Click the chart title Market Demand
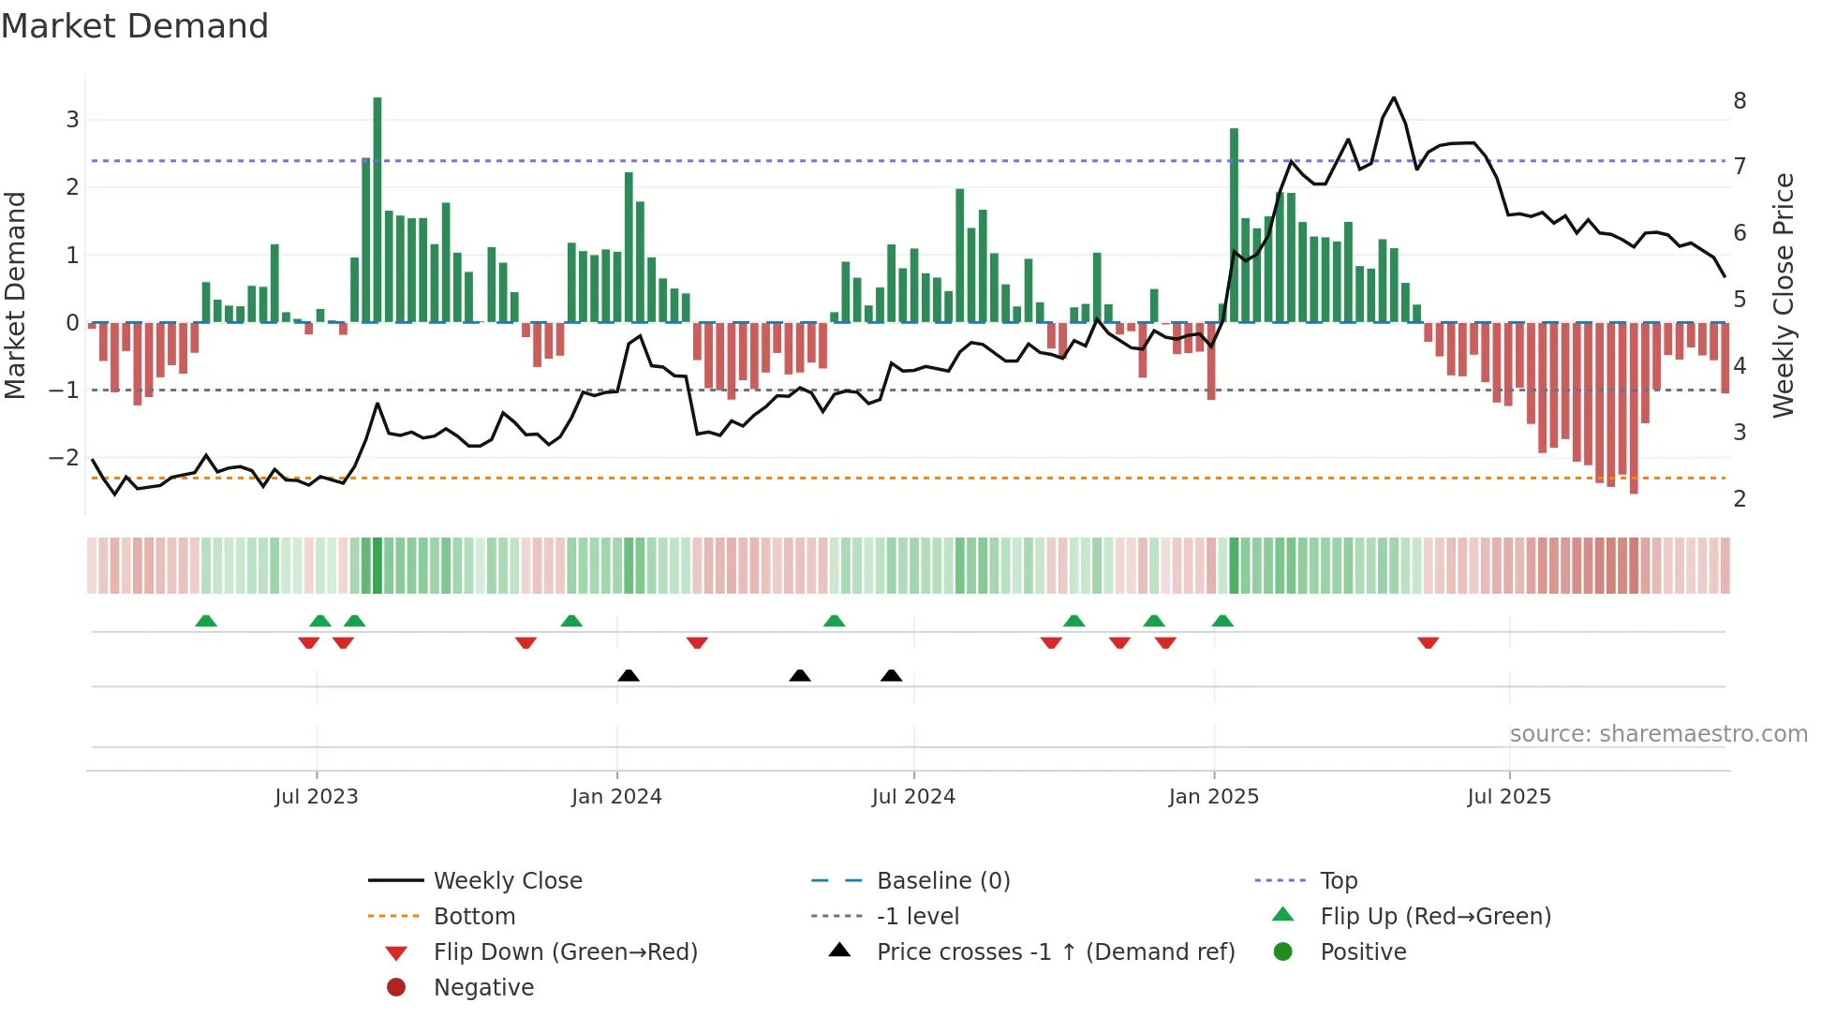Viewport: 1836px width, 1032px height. [135, 26]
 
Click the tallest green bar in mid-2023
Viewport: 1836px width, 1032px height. [378, 211]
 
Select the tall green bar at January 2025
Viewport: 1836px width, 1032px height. [1234, 225]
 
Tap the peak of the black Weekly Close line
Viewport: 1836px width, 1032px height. [1394, 98]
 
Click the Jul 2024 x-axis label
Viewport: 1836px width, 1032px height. [913, 797]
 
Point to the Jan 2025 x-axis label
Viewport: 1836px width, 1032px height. [1214, 797]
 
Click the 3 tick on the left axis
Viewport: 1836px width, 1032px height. [72, 120]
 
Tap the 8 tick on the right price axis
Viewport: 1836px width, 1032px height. [1740, 101]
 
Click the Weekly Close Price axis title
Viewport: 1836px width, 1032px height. [1784, 295]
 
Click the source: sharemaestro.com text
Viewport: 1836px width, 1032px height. [1658, 734]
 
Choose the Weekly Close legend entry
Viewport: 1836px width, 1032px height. [508, 881]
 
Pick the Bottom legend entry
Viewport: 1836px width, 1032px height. [474, 917]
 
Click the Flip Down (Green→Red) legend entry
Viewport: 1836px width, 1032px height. [565, 952]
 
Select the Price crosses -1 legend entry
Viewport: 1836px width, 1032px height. [1055, 952]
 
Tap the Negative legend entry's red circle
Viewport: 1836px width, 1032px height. [396, 988]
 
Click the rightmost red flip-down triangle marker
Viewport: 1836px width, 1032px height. [1428, 642]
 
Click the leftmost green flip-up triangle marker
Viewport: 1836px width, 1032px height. [206, 621]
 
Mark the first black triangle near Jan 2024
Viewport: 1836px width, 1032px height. [629, 675]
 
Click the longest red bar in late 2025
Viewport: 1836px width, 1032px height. [1634, 408]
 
